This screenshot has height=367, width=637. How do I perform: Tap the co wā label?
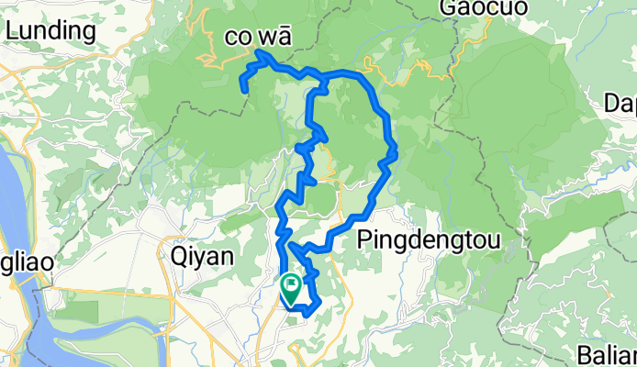point(258,38)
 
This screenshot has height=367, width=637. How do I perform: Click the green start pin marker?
point(291,290)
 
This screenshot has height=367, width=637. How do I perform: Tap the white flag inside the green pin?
point(292,285)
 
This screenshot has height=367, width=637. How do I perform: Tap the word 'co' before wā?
point(240,39)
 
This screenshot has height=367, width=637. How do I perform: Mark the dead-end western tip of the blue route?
point(243,90)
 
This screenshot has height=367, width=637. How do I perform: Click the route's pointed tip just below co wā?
point(261,55)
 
